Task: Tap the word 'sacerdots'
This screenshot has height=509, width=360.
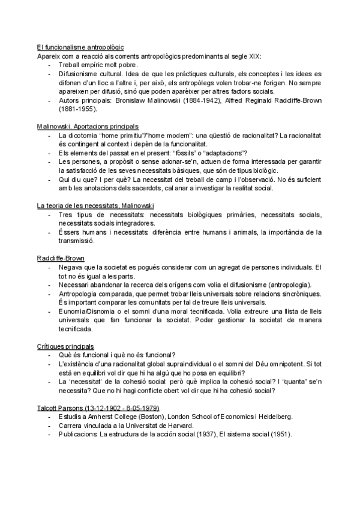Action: tap(161, 188)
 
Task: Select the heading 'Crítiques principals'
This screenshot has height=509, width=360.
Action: tap(65, 346)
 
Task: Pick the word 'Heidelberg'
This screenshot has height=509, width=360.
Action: tap(272, 417)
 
